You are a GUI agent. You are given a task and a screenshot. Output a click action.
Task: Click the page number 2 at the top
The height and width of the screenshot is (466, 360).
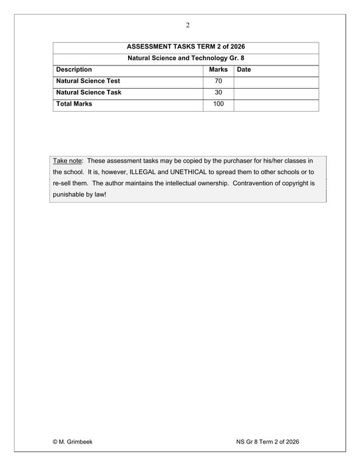(188, 25)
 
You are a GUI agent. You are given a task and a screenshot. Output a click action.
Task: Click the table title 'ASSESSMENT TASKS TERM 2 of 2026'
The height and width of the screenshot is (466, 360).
(186, 47)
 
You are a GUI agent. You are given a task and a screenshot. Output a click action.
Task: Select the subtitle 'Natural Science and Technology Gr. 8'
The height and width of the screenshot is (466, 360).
(186, 58)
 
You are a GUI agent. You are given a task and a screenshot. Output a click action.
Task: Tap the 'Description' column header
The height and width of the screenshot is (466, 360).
(74, 70)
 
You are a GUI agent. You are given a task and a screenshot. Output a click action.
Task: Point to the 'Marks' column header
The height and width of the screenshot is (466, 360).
(219, 70)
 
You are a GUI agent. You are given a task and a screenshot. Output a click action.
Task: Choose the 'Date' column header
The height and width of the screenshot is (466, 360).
(244, 70)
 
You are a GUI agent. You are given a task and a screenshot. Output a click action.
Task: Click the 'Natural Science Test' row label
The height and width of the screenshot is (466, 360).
(88, 81)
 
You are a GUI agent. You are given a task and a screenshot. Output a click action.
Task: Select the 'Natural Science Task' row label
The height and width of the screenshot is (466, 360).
(89, 92)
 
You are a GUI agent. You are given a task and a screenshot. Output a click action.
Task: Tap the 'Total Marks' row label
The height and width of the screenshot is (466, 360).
(74, 104)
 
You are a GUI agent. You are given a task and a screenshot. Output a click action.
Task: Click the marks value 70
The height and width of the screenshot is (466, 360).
(219, 81)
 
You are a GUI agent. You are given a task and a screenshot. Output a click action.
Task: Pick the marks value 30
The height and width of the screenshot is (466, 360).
(219, 92)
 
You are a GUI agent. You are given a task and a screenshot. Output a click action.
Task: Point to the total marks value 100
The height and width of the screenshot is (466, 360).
(219, 104)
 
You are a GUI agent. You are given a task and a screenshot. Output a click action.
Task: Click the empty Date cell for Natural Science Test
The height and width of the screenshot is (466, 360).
(276, 81)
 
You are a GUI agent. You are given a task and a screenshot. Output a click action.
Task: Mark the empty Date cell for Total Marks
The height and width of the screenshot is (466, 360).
(276, 104)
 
